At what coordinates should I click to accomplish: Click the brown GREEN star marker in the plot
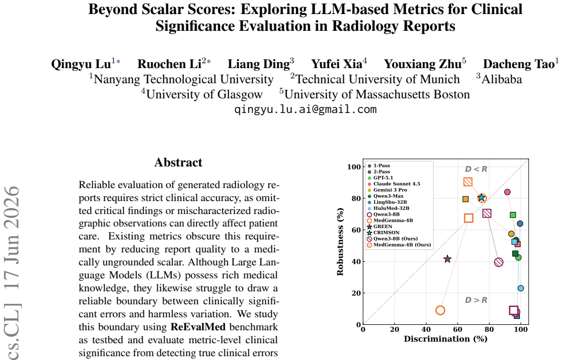[447, 259]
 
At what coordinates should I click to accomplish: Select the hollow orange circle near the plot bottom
[440, 310]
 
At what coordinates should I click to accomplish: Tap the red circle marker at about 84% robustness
[507, 192]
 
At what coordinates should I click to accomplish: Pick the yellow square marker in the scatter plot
[465, 199]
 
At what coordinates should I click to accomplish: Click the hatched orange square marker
[468, 182]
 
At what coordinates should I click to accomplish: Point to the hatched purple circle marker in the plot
[499, 262]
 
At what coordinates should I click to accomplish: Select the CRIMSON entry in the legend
[383, 232]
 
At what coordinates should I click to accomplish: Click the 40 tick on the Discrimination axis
[426, 330]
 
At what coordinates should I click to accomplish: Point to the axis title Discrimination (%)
[445, 339]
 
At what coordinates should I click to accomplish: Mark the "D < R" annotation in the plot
[476, 169]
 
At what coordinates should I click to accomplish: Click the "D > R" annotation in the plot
[476, 300]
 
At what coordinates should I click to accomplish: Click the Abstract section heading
[178, 162]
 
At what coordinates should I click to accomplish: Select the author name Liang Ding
[259, 64]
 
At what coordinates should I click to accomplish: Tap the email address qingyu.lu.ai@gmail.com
[306, 109]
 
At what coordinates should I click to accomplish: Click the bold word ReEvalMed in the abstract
[198, 327]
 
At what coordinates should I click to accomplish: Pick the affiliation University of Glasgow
[204, 94]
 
